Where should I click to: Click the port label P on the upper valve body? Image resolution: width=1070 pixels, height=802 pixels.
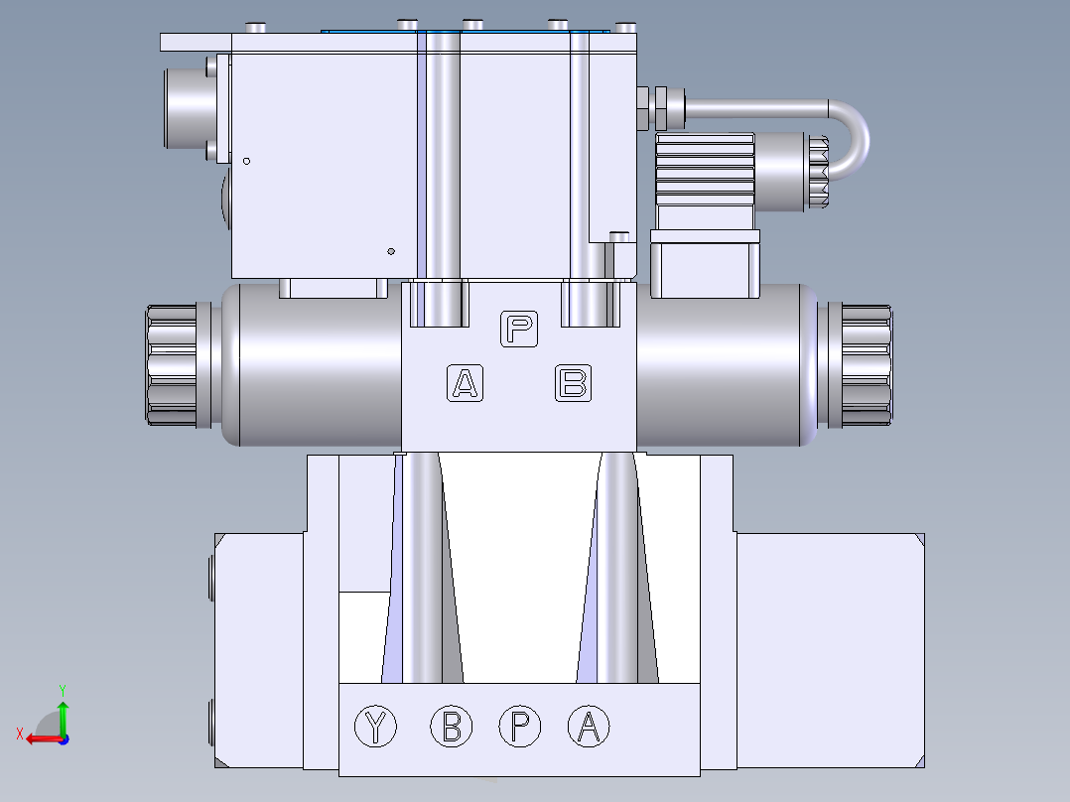coord(519,329)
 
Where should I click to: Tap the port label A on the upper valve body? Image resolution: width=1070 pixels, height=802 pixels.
coord(465,382)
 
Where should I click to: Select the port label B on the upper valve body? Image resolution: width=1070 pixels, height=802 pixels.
coord(573,382)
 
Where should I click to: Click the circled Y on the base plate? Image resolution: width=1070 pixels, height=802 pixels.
coord(375,728)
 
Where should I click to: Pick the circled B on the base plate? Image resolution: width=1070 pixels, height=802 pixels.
coord(452,728)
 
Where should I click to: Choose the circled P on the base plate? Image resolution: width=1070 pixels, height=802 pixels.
coord(519,728)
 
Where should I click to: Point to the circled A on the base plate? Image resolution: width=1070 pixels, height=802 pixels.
coord(589,728)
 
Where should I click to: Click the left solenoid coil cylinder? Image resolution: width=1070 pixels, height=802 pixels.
coord(308,365)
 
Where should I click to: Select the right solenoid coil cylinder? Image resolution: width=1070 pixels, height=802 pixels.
coord(725,365)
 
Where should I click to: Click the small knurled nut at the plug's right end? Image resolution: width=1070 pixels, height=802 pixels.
coord(818,172)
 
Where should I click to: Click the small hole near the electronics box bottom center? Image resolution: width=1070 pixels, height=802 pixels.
coord(392,250)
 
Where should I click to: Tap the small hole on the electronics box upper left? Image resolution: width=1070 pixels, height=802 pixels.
coord(247,161)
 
